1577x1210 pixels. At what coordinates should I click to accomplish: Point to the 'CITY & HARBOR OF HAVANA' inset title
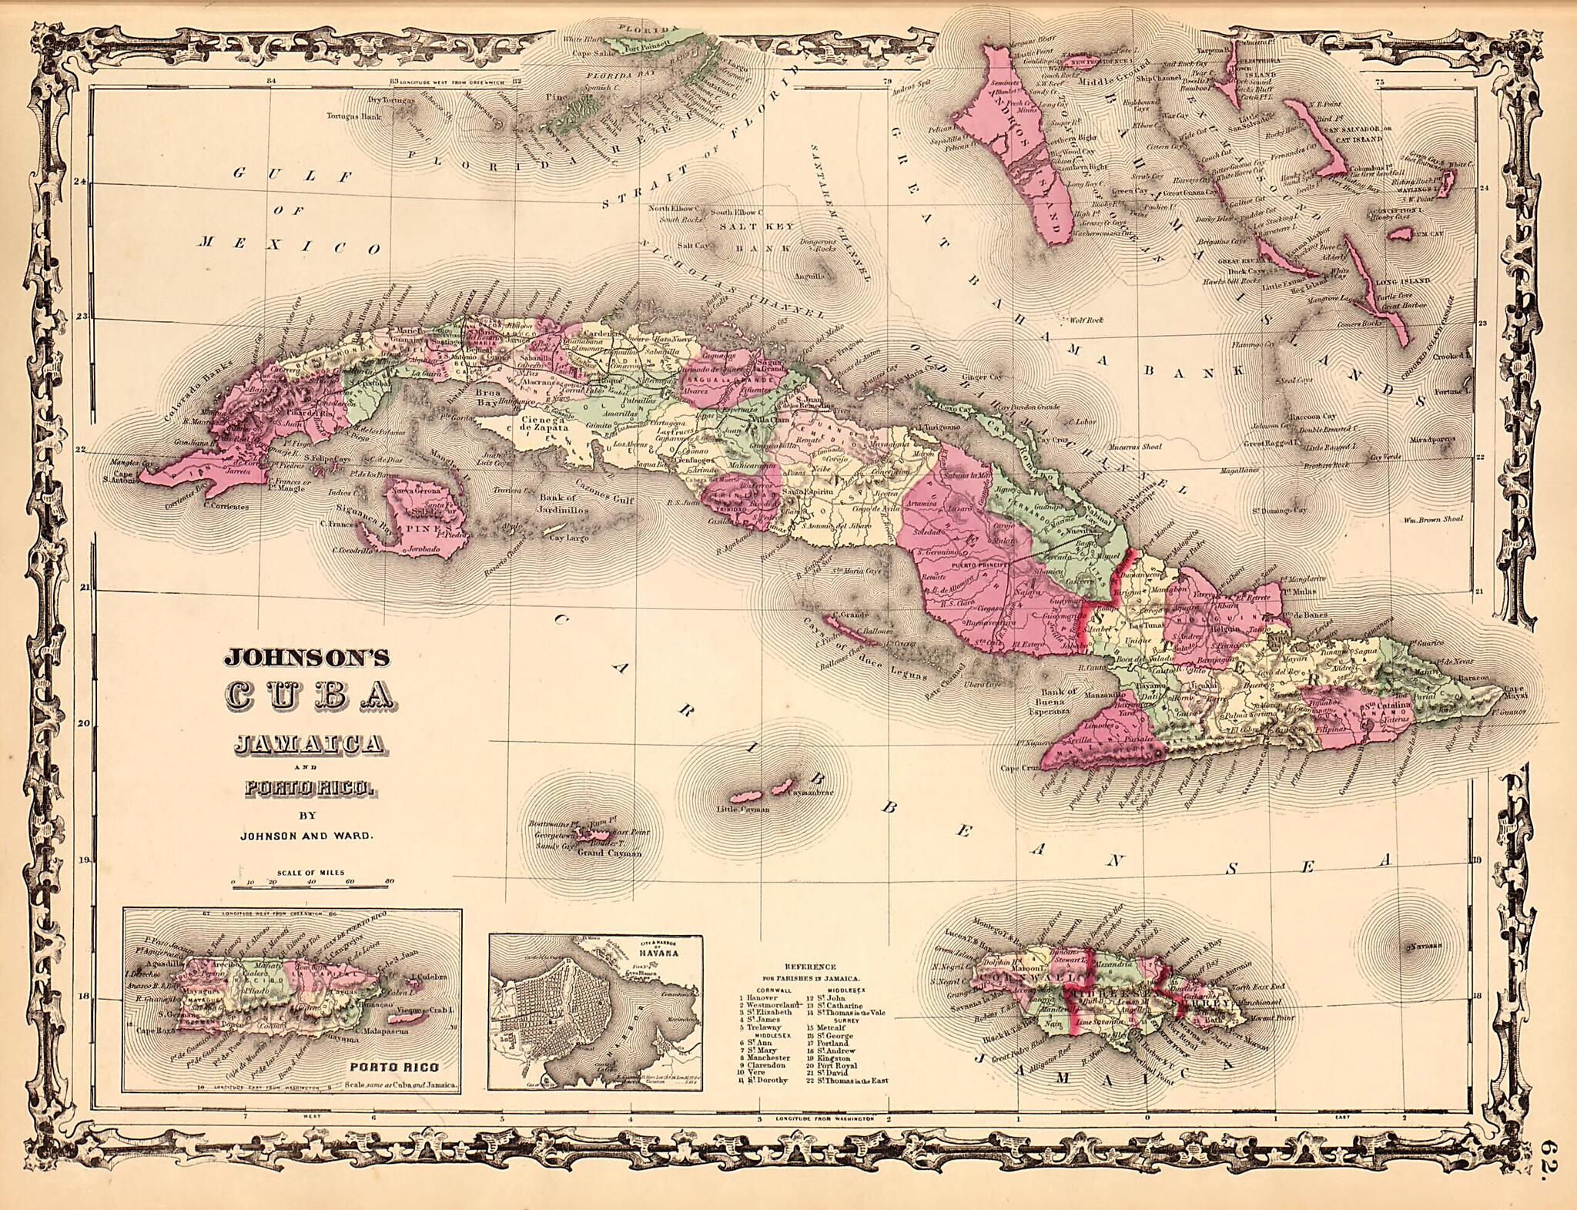665,948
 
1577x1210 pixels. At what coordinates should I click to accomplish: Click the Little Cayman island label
738,809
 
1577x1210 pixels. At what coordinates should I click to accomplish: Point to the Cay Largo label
568,538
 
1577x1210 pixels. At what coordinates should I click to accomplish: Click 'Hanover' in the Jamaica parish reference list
765,997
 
